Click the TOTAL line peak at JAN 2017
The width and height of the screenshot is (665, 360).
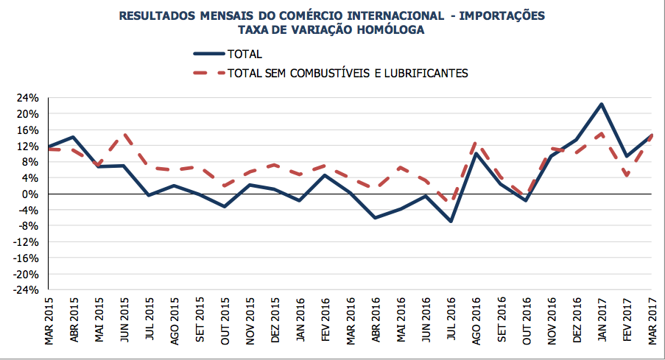coord(602,104)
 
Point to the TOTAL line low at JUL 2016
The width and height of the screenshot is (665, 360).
coord(450,222)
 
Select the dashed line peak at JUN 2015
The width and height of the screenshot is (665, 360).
coord(124,135)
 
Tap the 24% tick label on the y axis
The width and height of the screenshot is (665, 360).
coord(28,98)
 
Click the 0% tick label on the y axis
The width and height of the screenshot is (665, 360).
coord(32,194)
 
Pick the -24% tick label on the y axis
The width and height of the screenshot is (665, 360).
coord(26,290)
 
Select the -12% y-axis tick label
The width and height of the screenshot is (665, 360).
coord(26,242)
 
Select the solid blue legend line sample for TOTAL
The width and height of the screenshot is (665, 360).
coord(208,54)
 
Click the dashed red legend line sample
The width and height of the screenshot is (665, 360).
coord(208,73)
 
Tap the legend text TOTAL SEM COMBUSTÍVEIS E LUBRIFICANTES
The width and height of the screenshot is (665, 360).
coord(348,73)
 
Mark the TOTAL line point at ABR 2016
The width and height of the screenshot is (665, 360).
coord(375,218)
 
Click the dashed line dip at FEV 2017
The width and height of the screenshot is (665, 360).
coord(627,176)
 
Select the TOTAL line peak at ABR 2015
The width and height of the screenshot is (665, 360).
coord(73,137)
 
